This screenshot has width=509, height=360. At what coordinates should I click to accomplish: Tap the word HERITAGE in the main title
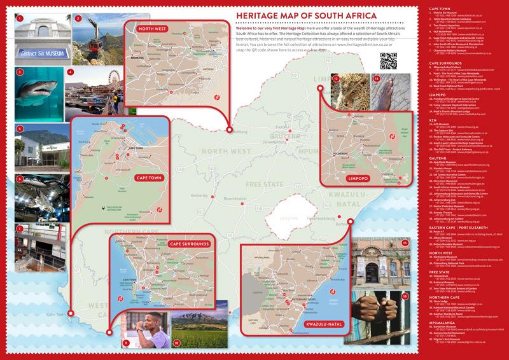(x=258, y=15)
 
